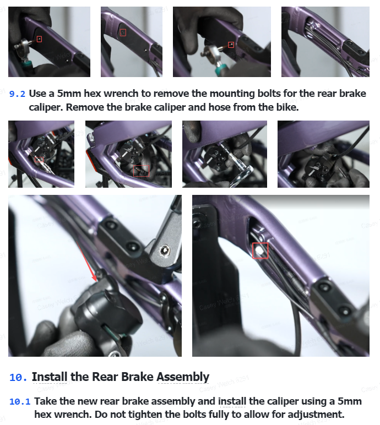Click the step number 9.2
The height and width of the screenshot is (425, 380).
coord(18,94)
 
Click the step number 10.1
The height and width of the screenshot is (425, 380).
coord(20,402)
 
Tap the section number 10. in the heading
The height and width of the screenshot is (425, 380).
coord(18,377)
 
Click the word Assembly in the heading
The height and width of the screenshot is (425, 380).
coord(183,377)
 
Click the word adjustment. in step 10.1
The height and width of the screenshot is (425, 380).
coord(316,415)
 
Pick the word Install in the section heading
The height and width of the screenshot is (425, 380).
coord(50,377)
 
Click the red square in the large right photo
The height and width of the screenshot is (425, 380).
coord(260,250)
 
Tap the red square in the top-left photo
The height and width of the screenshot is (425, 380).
coord(39,39)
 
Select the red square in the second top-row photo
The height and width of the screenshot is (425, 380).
coord(123,33)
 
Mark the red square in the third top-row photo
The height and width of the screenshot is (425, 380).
coord(231,45)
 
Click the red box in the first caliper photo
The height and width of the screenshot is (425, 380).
coord(39,160)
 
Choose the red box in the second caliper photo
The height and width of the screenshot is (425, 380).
coord(142,171)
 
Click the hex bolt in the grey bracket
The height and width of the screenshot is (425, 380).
coord(164,250)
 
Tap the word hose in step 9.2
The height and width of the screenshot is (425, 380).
coord(220,107)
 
